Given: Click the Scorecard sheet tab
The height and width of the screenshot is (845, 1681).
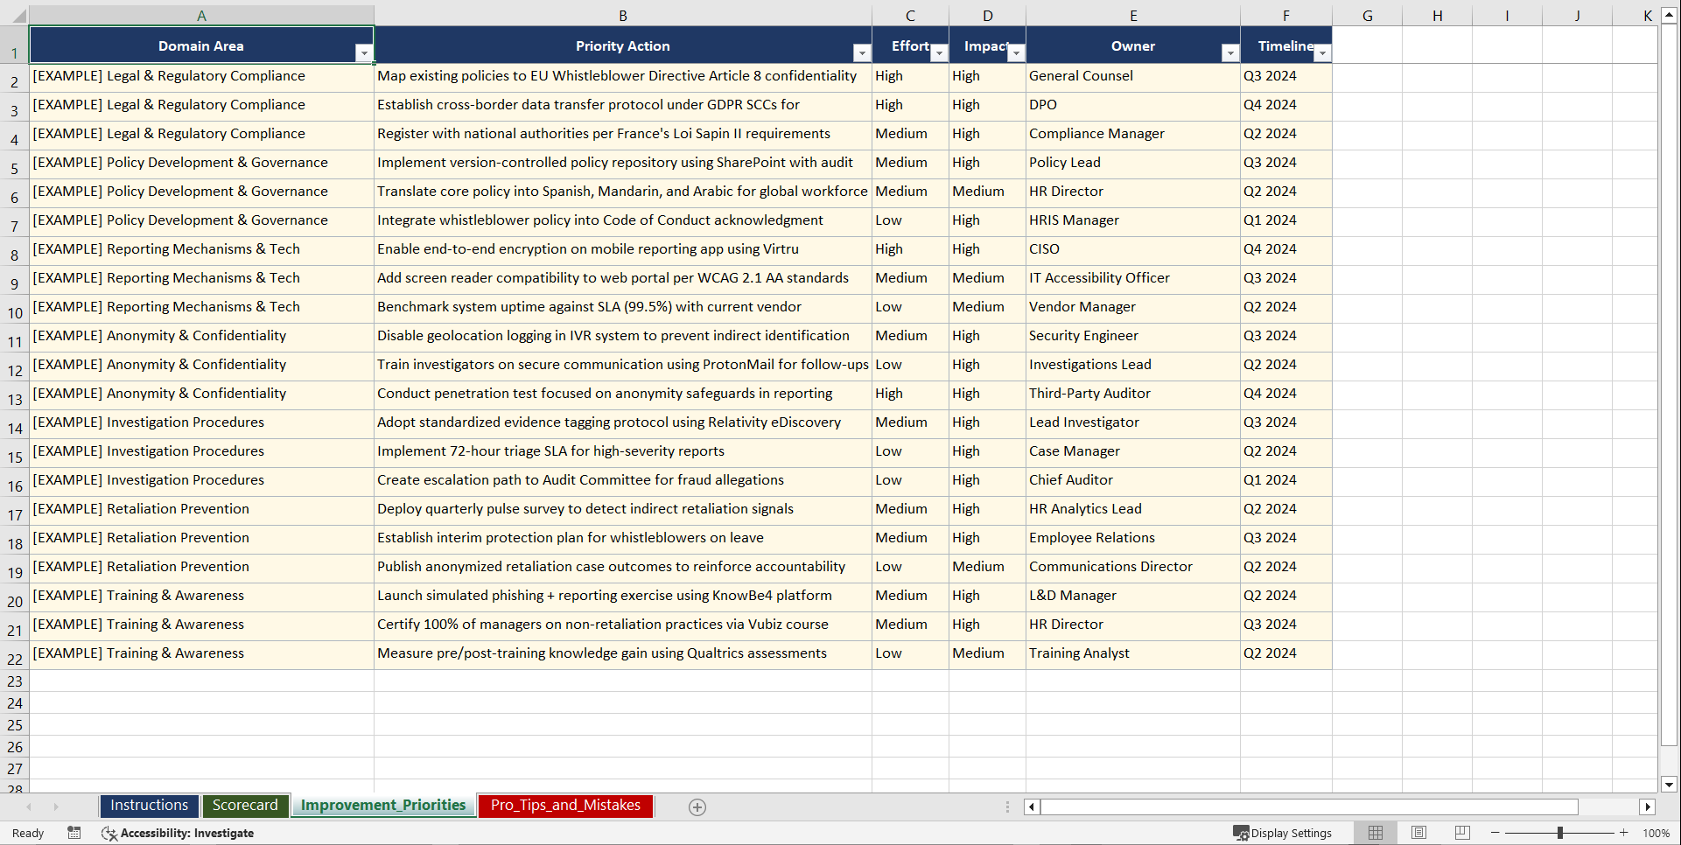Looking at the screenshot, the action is point(245,806).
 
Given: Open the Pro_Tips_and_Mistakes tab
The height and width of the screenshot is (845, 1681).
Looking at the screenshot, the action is point(565,806).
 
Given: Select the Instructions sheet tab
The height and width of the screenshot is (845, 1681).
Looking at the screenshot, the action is point(149,806).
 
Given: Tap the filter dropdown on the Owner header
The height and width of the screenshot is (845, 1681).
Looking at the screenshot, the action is point(1230,53).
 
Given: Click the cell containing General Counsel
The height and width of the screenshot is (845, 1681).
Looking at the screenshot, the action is point(1081,76).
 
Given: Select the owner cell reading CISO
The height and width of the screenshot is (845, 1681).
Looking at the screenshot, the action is point(1044,249).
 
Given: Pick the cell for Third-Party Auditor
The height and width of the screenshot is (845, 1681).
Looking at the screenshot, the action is point(1089,394).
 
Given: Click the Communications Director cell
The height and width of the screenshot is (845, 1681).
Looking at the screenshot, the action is point(1110,567).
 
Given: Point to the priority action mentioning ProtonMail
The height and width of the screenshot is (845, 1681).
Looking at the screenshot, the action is point(622,365).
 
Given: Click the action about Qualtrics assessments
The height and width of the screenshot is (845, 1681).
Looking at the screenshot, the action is point(602,653).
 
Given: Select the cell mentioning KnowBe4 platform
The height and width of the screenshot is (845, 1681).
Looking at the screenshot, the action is point(605,596).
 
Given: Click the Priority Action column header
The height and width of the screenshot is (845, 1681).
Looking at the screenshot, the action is point(622,46).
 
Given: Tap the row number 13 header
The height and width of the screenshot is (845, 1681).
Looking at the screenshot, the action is point(15,400).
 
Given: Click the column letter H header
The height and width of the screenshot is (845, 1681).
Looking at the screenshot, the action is point(1437,16).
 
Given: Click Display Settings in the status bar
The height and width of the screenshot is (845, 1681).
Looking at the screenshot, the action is point(1283,833).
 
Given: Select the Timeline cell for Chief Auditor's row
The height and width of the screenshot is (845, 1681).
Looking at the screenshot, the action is point(1270,480).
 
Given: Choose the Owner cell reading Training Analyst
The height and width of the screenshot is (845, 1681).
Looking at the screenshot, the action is point(1079,653).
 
